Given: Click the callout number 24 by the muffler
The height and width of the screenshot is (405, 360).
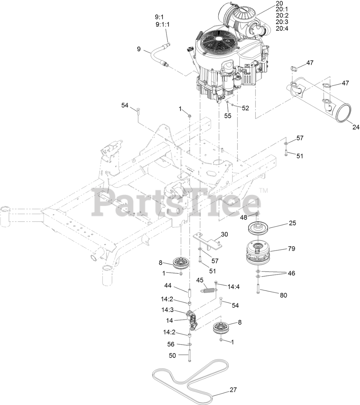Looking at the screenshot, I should click(356, 127).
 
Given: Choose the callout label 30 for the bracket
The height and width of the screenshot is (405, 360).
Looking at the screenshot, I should click(224, 234).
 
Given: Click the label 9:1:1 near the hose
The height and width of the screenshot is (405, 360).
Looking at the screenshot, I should click(163, 24).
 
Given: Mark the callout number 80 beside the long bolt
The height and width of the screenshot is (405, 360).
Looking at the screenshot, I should click(283, 295).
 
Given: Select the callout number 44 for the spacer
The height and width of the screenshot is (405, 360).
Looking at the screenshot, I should click(177, 286).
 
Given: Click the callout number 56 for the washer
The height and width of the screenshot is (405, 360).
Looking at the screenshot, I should click(171, 344).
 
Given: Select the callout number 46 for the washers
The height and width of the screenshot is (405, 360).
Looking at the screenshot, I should click(291, 273).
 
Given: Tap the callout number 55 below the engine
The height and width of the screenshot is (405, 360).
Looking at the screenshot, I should click(228, 116).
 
